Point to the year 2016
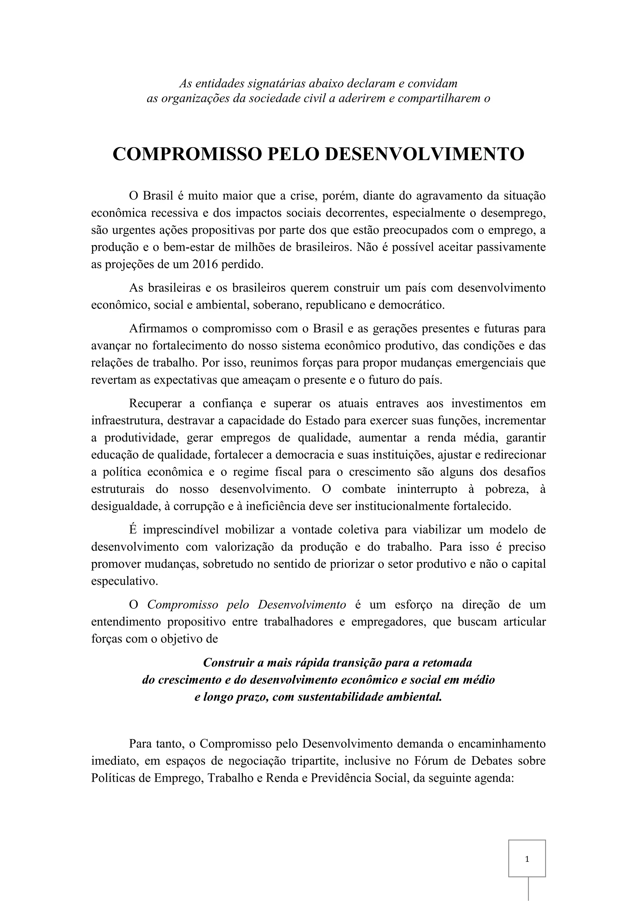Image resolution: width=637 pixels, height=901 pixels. coord(205,264)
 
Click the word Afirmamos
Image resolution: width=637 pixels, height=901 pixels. coord(157,328)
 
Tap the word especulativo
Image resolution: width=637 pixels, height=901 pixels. coord(124,581)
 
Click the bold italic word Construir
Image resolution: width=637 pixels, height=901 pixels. coord(228,663)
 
